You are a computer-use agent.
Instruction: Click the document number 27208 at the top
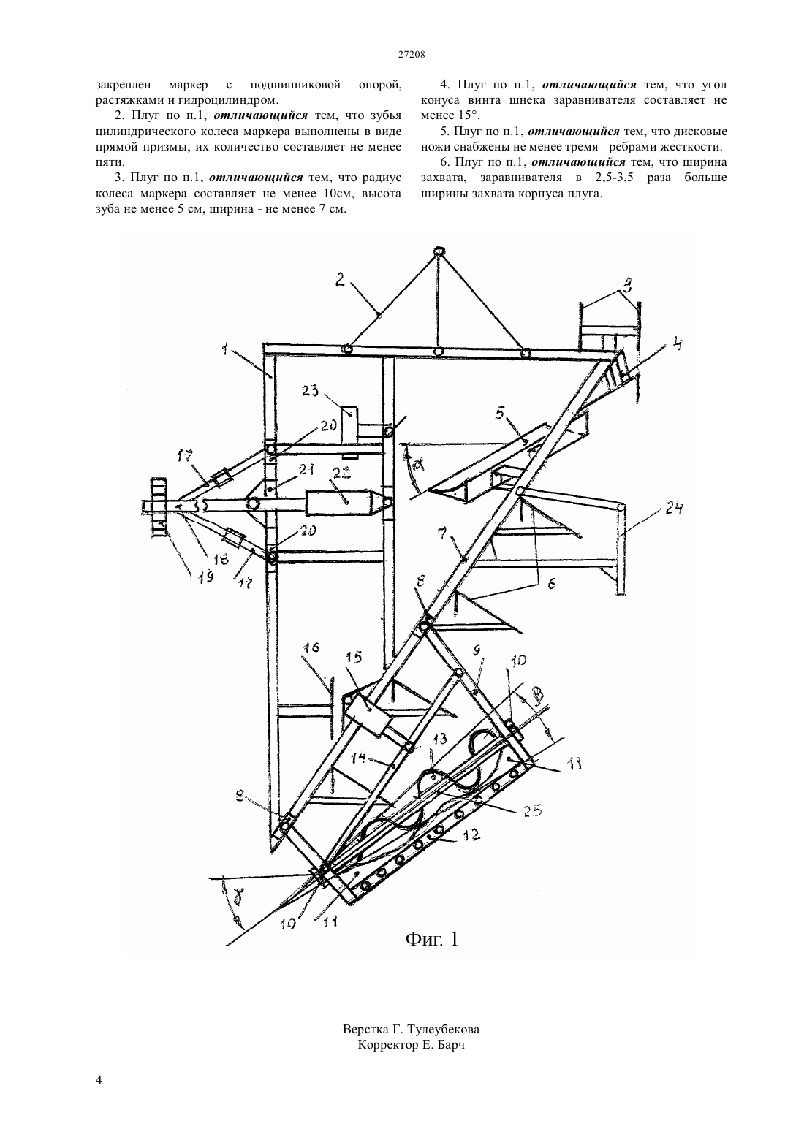(411, 55)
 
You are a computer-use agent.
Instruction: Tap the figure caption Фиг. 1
(432, 938)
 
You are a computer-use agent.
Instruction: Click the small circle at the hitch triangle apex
(439, 251)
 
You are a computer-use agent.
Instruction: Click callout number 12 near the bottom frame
(468, 834)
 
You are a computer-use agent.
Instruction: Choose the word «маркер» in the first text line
(185, 84)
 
